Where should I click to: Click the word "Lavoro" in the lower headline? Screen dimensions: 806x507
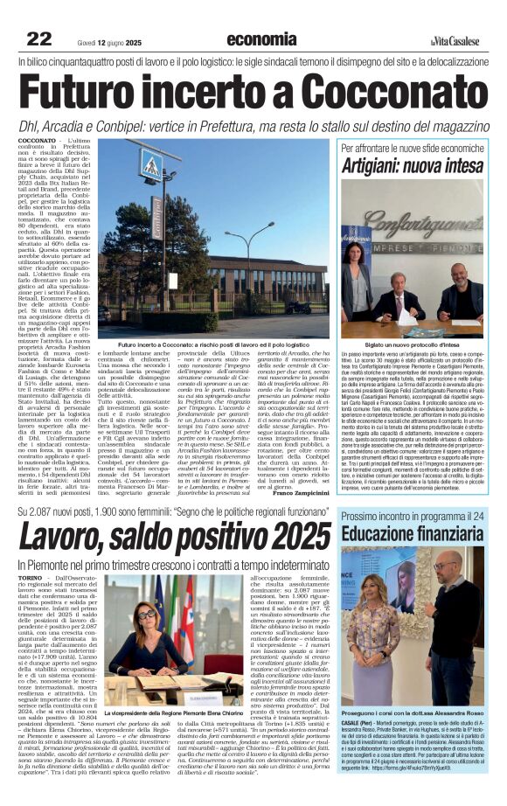pyautogui.click(x=66, y=534)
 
